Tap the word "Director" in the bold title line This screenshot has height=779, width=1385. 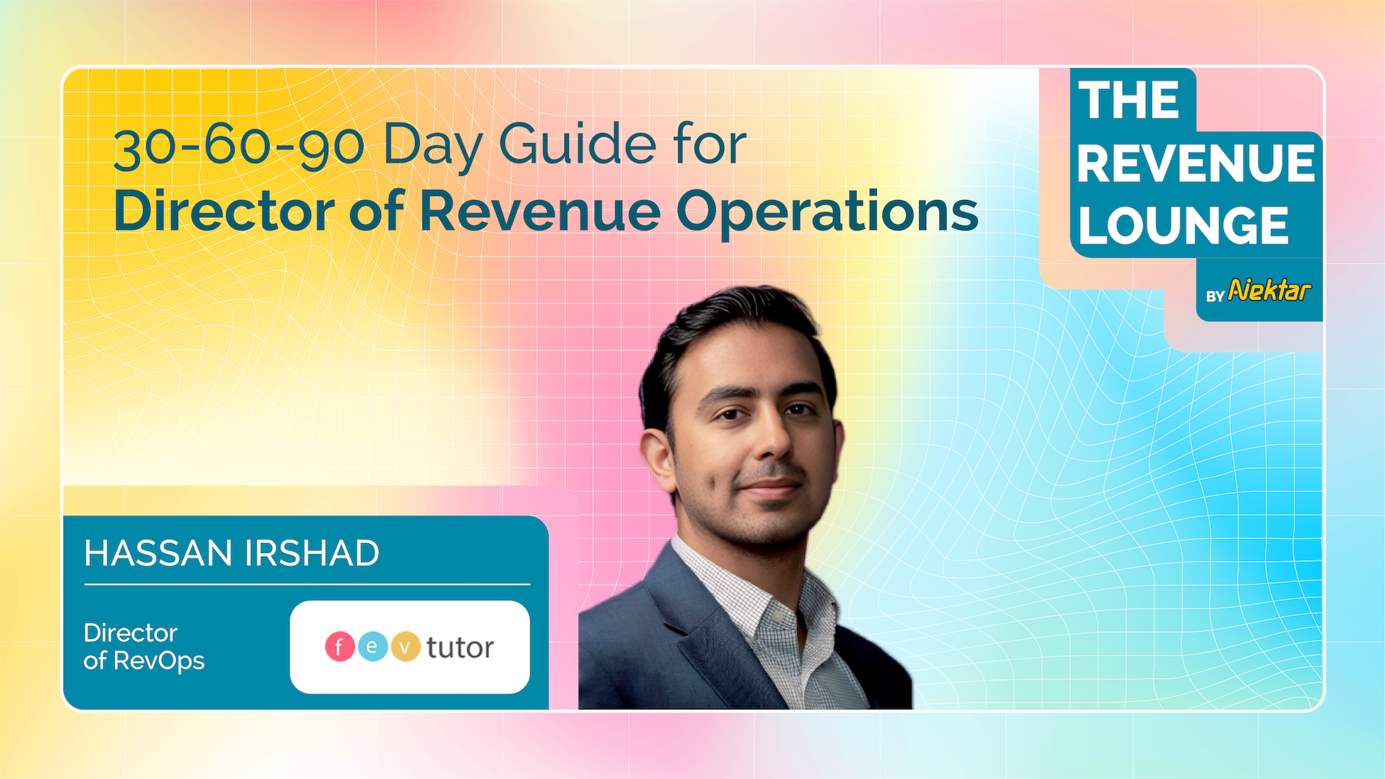point(224,211)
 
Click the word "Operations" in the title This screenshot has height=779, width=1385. point(827,214)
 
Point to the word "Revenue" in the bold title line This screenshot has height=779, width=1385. point(540,213)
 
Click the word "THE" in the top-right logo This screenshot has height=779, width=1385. point(1129,101)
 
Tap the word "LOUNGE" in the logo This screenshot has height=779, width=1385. point(1183,225)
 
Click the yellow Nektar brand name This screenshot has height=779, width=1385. point(1269,291)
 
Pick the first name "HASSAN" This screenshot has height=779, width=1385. point(159,553)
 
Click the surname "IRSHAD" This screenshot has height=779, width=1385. point(313,553)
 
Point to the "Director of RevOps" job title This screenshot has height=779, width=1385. point(144,646)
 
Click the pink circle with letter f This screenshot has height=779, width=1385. point(340,647)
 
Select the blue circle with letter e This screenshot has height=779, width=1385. point(373,647)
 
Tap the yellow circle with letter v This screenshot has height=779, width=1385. point(406,647)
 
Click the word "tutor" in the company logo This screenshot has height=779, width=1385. point(460,648)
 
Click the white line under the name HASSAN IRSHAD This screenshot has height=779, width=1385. point(307,584)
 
